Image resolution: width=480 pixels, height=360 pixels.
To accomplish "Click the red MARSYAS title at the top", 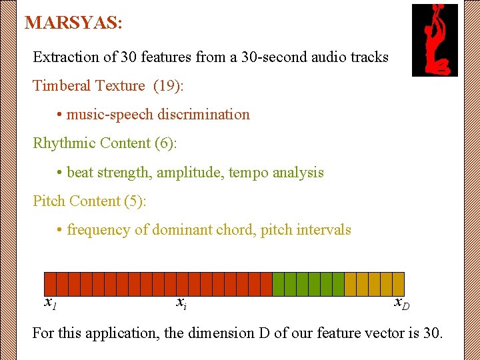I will [73, 23].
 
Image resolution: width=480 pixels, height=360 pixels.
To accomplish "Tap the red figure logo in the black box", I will [435, 40].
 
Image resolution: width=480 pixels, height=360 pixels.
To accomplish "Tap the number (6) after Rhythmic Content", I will [165, 143].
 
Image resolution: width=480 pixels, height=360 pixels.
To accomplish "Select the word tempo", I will [249, 173].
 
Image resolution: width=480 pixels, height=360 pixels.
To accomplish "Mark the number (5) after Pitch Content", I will [134, 201].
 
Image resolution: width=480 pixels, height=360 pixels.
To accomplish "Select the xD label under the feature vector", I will [401, 304].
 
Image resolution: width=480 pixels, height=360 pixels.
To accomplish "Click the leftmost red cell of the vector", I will [50, 284].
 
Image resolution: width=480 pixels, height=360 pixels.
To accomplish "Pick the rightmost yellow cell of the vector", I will [398, 284].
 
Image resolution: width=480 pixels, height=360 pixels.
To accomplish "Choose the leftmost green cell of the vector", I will [279, 284].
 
